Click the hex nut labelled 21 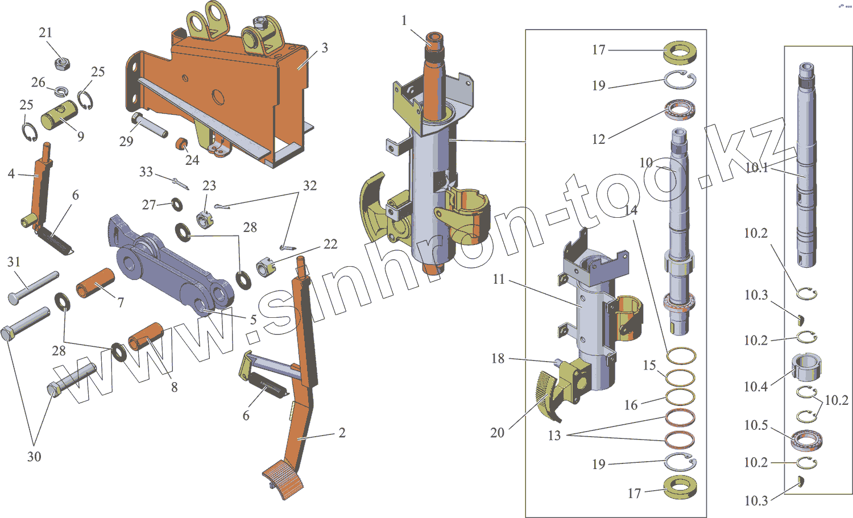click(x=62, y=63)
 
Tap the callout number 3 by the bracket click(x=325, y=48)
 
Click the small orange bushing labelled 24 click(x=181, y=143)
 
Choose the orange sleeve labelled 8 click(x=146, y=337)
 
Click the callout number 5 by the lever click(x=254, y=320)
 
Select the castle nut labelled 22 click(x=264, y=267)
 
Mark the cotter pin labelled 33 click(x=180, y=183)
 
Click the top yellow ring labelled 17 click(x=680, y=52)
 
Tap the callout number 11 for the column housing click(x=499, y=279)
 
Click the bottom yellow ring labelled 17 click(x=680, y=487)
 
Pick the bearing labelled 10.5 click(x=806, y=439)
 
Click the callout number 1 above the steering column click(x=404, y=21)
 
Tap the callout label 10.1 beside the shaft click(x=756, y=167)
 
